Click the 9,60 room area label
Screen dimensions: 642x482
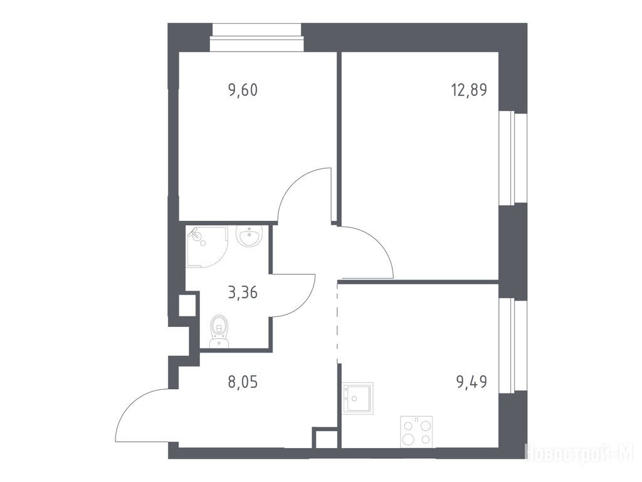243,90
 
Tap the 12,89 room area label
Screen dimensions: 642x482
469,90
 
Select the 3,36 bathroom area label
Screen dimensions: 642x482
243,293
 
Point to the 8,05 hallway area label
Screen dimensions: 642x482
243,382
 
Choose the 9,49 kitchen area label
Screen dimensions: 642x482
471,382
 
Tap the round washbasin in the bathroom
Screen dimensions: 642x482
249,236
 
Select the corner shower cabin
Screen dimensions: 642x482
206,247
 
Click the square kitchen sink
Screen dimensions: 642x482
357,399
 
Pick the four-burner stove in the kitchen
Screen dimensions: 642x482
416,431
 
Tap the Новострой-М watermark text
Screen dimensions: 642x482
581,453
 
